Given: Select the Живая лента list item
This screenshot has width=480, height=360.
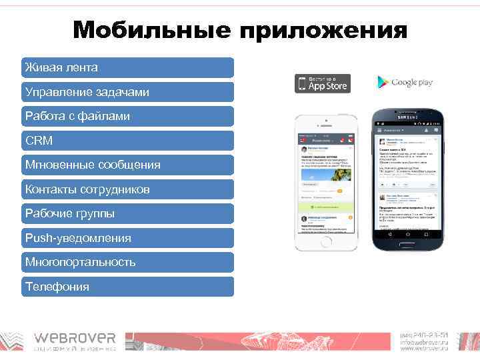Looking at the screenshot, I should (x=127, y=67).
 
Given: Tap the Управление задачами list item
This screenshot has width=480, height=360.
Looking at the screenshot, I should (x=127, y=92).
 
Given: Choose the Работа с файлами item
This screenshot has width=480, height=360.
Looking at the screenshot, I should (x=127, y=116).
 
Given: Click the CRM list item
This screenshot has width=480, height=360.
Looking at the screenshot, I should (x=127, y=141).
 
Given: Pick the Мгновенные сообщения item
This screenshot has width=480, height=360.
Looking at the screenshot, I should (x=127, y=165).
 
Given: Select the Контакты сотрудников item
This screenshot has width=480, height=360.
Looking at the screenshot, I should (x=127, y=189).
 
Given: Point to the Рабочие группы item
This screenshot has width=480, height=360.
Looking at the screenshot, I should (x=127, y=213).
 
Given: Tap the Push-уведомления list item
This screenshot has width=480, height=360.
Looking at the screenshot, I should (x=127, y=238).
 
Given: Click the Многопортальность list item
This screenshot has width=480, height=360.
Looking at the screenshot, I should (x=127, y=262).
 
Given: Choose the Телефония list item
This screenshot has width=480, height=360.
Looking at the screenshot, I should (x=127, y=287).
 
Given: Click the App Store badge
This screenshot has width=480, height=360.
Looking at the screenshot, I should (x=322, y=83).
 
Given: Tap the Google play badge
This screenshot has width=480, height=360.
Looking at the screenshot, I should (x=405, y=82).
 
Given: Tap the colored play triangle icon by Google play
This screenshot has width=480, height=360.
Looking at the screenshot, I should (x=383, y=82).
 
